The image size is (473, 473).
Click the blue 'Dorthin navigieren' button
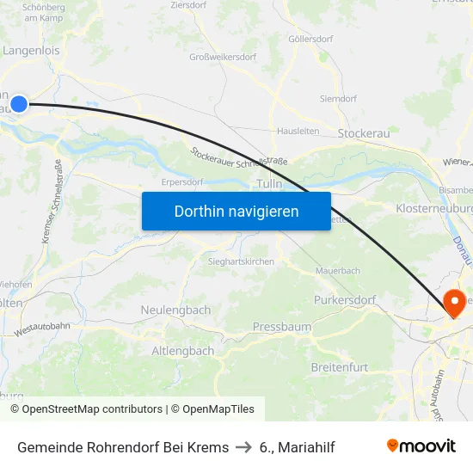[x=236, y=211]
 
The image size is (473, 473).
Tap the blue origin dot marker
[x=19, y=105]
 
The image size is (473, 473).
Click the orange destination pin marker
[x=453, y=302]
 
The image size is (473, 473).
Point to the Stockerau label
[x=364, y=133]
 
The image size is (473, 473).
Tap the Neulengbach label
[x=175, y=310]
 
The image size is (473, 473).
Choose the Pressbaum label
[x=281, y=327]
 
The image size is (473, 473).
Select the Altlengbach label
[x=183, y=351]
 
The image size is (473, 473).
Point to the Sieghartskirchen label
[x=241, y=261]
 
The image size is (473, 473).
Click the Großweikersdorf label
[x=223, y=58]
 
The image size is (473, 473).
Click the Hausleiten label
[x=298, y=131]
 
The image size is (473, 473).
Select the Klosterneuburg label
[x=434, y=209]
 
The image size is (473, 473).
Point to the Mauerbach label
[x=338, y=270]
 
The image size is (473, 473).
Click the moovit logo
[x=421, y=446]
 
